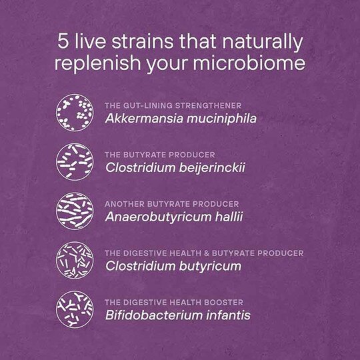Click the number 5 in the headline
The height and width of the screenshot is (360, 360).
point(63,41)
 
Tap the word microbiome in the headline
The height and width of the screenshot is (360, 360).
point(249,63)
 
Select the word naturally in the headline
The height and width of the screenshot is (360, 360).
point(263,43)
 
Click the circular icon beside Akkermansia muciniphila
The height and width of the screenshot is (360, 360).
point(75,113)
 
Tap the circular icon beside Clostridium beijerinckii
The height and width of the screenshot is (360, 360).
point(75,162)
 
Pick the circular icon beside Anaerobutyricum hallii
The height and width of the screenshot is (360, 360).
point(75,211)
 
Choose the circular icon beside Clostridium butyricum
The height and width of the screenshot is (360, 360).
point(75,260)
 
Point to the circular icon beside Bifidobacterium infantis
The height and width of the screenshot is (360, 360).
point(75,309)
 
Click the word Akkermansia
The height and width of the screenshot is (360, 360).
point(145,119)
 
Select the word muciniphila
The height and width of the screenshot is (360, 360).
point(221,119)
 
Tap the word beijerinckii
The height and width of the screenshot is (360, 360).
point(212,168)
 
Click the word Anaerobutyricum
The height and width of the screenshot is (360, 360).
point(158,217)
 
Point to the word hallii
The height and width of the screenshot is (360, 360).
point(229,217)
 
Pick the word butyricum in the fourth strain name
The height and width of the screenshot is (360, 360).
point(210,267)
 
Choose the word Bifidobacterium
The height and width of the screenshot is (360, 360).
point(154,315)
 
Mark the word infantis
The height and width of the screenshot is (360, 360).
point(228,315)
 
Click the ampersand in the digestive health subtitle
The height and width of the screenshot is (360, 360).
point(207,253)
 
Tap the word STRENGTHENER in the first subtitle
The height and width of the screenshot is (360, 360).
point(208,105)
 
